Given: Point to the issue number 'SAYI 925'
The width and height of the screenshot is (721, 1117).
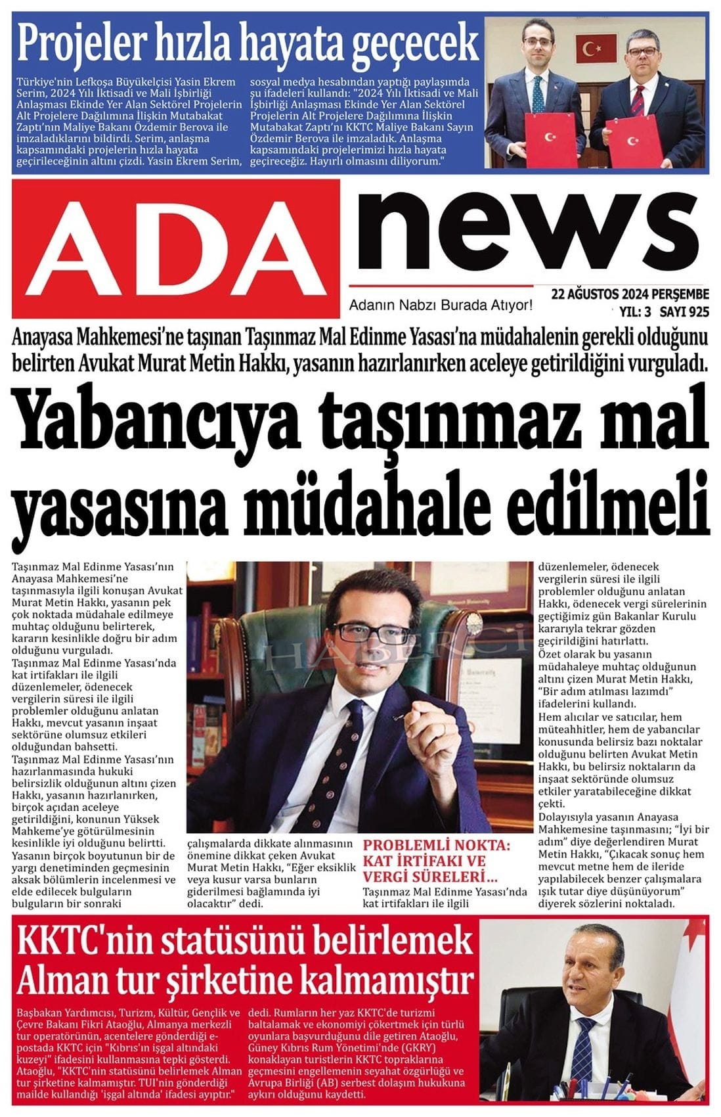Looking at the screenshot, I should [x=684, y=311].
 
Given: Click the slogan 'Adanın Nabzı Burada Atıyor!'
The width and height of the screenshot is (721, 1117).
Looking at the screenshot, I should [x=441, y=306].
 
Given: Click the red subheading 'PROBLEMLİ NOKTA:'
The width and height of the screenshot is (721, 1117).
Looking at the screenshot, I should [x=436, y=846].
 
